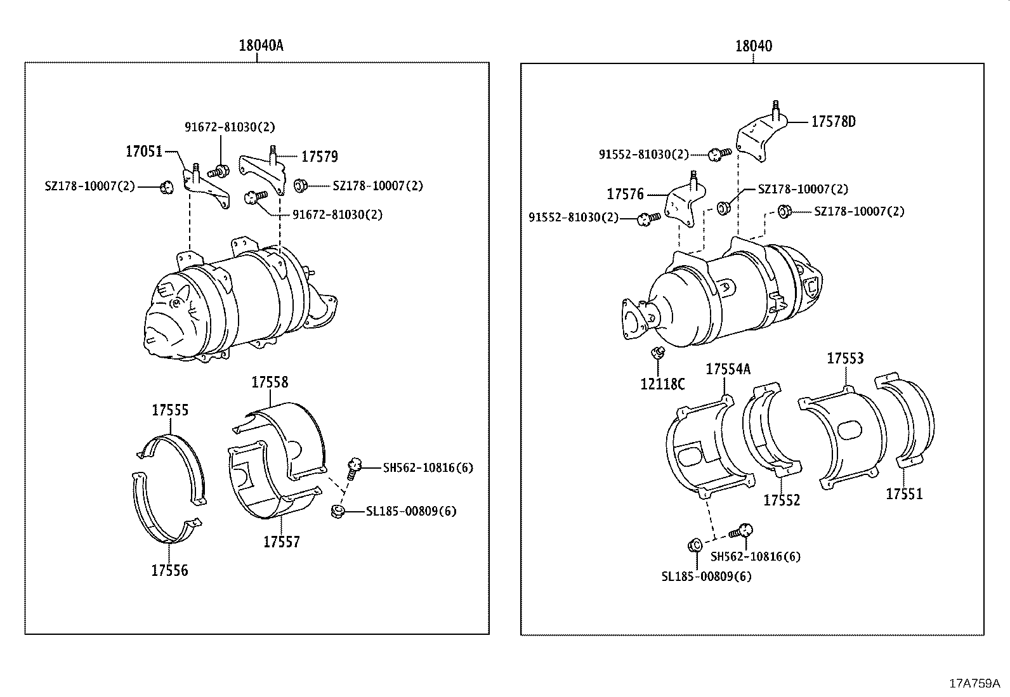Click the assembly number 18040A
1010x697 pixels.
[x=261, y=46]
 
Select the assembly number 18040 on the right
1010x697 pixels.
[x=754, y=46]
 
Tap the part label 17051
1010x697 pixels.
[x=144, y=152]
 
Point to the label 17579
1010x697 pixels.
[x=319, y=157]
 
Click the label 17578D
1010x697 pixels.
[x=833, y=122]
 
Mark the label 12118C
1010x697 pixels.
[x=662, y=384]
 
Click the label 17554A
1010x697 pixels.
[x=728, y=369]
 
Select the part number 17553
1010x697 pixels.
[x=845, y=359]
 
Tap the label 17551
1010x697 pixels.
[x=904, y=493]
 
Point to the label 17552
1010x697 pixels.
[x=782, y=500]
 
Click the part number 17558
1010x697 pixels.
[x=270, y=382]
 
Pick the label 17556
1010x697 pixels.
[x=169, y=570]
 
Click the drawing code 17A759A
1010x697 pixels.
[x=974, y=684]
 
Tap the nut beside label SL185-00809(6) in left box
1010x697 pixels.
[x=338, y=511]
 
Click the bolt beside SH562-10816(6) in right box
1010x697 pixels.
[x=742, y=531]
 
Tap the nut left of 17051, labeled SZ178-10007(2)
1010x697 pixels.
[x=167, y=186]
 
